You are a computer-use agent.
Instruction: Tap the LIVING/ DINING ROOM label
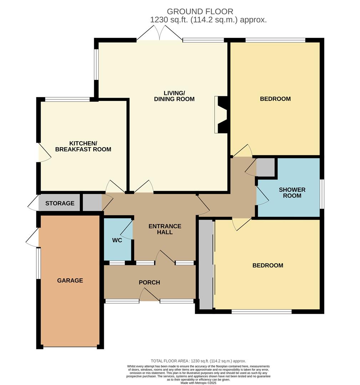click(174, 96)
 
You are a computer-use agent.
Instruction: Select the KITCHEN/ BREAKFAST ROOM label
click(83, 146)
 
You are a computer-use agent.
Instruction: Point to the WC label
click(117, 240)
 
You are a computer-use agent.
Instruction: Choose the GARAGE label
click(70, 281)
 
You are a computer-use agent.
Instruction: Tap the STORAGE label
click(60, 203)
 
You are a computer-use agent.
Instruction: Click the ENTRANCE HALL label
click(165, 229)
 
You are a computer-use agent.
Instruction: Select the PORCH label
click(149, 282)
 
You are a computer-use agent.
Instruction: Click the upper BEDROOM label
click(275, 99)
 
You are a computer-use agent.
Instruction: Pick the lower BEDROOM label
click(268, 265)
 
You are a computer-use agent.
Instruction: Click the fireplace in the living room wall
click(221, 114)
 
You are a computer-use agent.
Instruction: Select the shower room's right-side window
click(321, 194)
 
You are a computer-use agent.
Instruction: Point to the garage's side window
click(38, 263)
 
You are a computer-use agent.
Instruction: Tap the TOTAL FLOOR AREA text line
click(198, 361)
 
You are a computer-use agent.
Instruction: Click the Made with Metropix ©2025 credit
click(198, 383)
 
